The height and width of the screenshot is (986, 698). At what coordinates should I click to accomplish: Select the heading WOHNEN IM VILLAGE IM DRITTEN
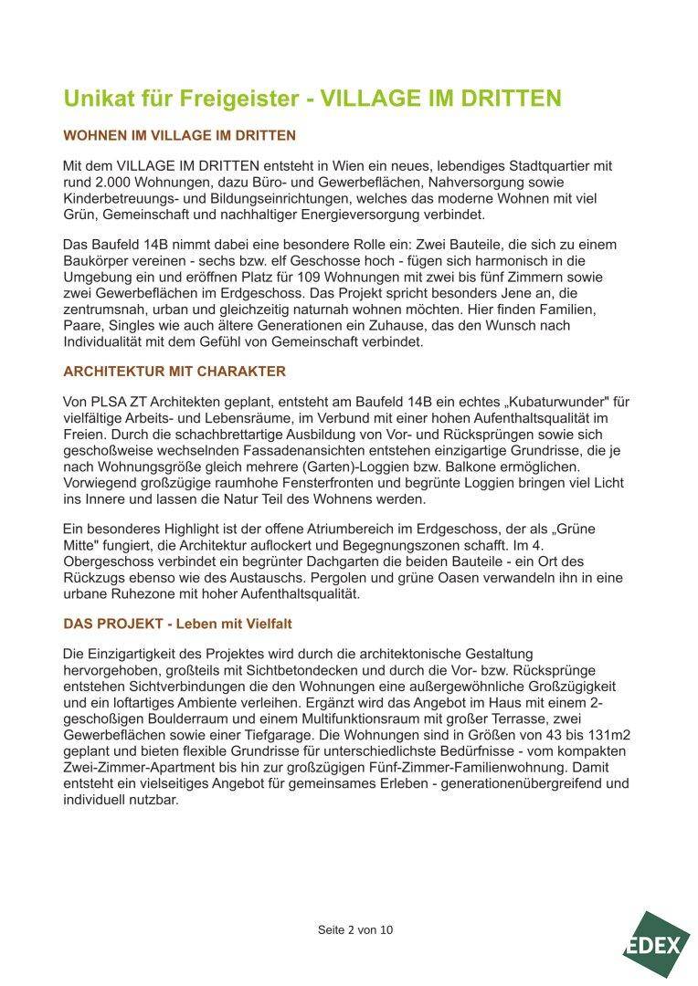click(179, 135)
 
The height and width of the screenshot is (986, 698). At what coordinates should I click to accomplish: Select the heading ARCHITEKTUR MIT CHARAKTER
click(174, 372)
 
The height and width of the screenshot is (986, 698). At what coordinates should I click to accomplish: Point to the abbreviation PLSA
click(119, 402)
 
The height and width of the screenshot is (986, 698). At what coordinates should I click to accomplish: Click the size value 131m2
click(604, 736)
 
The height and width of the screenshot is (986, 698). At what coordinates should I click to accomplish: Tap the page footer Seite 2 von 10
click(355, 930)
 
